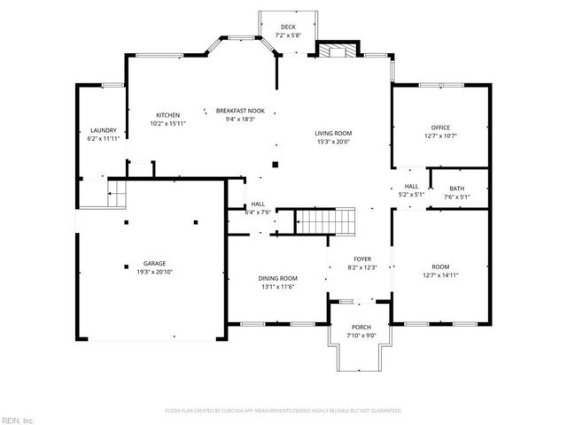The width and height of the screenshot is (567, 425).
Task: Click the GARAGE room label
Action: (155, 264)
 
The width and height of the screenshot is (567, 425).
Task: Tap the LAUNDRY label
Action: (103, 131)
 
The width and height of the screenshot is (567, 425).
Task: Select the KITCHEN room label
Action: (168, 115)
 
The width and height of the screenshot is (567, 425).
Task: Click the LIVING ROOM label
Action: (332, 133)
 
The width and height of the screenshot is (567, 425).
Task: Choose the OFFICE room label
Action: (440, 127)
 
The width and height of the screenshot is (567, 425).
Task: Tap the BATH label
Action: (456, 189)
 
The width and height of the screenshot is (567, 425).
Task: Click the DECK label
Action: (288, 27)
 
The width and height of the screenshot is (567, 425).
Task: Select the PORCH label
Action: (361, 328)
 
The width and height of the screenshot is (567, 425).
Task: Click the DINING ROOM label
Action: (277, 278)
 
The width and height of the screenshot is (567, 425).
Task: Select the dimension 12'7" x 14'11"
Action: (440, 275)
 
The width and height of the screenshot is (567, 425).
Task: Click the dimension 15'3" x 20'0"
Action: (332, 142)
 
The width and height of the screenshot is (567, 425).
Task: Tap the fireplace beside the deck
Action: (334, 50)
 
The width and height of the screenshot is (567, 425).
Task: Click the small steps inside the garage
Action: (117, 193)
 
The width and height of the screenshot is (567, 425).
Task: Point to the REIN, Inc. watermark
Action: (18, 419)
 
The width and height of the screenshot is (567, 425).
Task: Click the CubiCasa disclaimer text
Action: (283, 411)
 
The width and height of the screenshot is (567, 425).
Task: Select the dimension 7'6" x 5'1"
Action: (456, 197)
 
